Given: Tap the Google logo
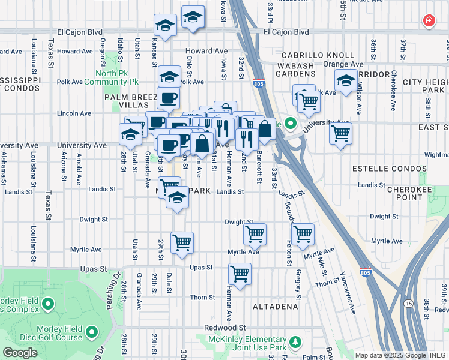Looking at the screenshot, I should (20, 353).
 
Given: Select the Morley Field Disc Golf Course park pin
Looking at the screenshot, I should (92, 331).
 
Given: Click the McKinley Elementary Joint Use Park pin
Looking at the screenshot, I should (295, 342).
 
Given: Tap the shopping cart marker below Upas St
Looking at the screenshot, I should (240, 274).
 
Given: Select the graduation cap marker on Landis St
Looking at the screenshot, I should (177, 197).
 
